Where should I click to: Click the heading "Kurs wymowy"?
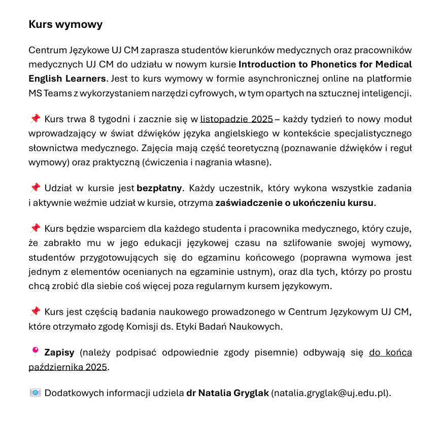(x=65, y=24)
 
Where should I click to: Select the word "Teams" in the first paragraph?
(x=56, y=94)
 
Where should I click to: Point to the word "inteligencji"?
(x=384, y=94)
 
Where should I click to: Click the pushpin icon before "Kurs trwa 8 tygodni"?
(x=35, y=119)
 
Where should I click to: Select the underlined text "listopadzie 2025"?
(x=237, y=120)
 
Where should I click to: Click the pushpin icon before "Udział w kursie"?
(x=35, y=188)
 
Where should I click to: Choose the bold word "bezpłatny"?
(x=159, y=189)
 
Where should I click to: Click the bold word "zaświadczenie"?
(x=245, y=203)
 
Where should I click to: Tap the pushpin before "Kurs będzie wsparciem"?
(x=35, y=228)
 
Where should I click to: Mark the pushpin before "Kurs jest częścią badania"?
(x=35, y=311)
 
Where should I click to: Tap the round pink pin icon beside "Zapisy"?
(x=35, y=351)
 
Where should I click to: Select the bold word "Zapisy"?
(x=59, y=352)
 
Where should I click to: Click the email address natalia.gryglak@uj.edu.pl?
(x=330, y=393)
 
